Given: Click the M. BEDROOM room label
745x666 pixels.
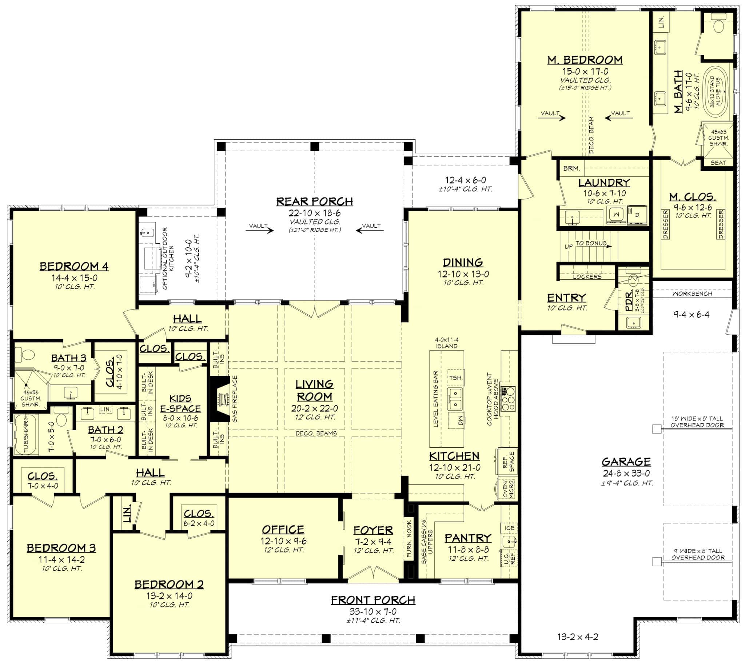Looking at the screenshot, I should pos(584,60).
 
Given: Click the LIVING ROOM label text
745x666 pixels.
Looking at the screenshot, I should pos(314,390).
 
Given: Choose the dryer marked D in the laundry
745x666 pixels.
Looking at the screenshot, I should pos(637,215).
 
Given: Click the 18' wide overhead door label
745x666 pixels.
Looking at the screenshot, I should pos(697,422).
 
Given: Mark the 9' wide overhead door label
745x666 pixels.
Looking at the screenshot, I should pos(697,554).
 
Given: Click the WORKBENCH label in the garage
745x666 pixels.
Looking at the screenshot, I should pos(692,294).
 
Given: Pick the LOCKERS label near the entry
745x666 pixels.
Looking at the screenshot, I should pos(587,277).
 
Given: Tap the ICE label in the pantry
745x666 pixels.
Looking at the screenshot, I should pos(509,528).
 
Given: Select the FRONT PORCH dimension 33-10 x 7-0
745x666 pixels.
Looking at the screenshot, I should pos(372,611).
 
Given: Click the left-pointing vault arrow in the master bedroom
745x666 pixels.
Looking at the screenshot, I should pos(617,118).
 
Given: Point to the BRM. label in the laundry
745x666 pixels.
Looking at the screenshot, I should pos(571,168).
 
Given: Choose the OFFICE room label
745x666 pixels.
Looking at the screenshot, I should pos(283,530).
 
